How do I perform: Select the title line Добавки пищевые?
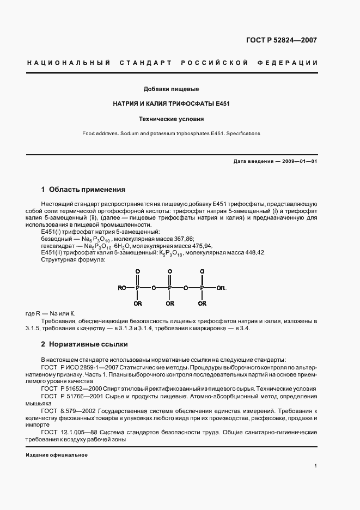pyautogui.click(x=170, y=88)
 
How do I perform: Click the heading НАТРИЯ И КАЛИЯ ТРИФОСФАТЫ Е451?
pyautogui.click(x=170, y=103)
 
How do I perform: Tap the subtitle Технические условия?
pyautogui.click(x=170, y=118)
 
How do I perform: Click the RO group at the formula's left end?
pyautogui.click(x=122, y=288)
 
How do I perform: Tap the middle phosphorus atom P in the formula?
pyautogui.click(x=170, y=288)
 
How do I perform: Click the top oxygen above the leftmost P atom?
pyautogui.click(x=138, y=271)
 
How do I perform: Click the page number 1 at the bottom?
pyautogui.click(x=315, y=466)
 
